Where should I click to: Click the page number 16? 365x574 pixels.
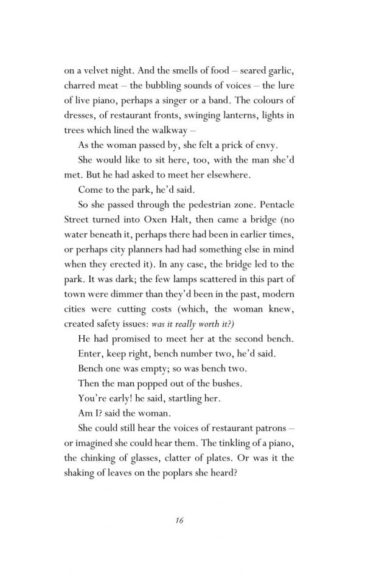pyautogui.click(x=178, y=521)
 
